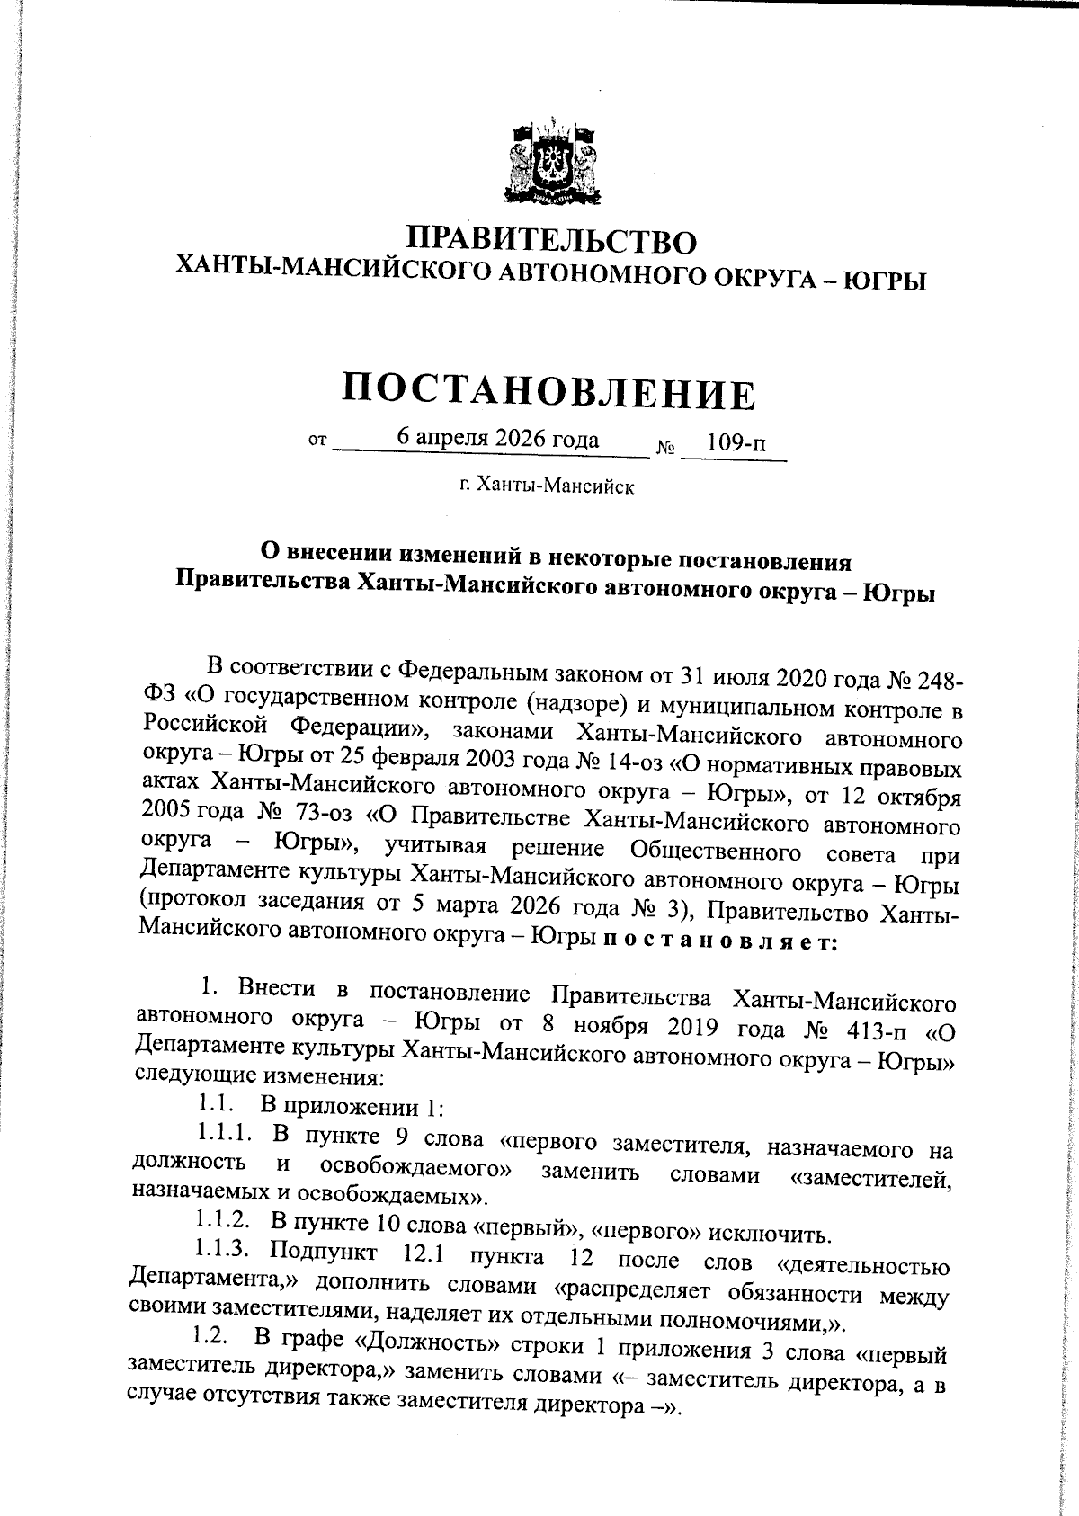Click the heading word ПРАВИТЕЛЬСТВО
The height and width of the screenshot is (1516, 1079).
coord(552,241)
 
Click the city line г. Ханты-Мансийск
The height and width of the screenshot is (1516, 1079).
coord(547,486)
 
